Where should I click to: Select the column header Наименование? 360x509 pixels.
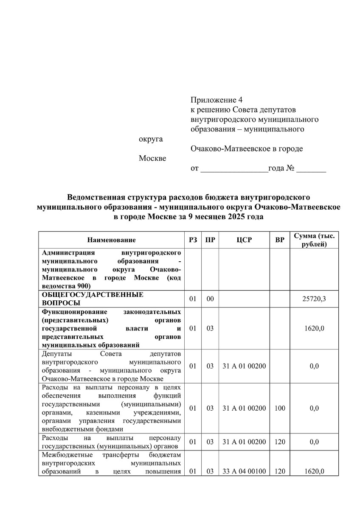(112, 240)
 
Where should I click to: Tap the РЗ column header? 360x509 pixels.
(193, 240)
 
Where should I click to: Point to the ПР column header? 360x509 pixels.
(210, 240)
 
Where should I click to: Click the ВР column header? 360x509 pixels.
(280, 240)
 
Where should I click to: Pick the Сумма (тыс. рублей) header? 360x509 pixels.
(314, 240)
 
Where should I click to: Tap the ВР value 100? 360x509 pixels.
(280, 408)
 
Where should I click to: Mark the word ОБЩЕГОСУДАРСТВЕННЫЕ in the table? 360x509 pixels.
(93, 295)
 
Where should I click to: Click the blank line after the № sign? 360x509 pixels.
(311, 169)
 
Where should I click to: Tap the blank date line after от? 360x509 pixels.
(234, 169)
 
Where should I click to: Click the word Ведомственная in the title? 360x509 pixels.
(95, 198)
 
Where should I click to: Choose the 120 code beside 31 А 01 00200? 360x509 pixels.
(280, 442)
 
